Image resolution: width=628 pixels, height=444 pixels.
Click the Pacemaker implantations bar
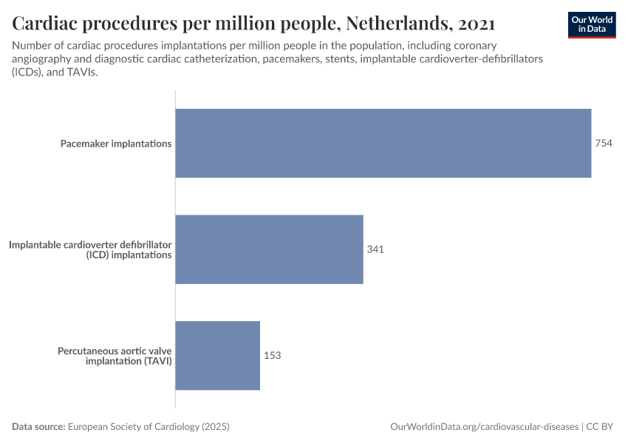(383, 144)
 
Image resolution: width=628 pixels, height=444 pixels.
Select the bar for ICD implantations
(269, 249)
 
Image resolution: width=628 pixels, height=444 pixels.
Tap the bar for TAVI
(217, 355)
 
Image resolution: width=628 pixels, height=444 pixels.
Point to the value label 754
(604, 144)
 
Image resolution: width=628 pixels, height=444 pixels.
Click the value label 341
(375, 249)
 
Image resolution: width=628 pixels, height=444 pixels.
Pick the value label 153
(272, 355)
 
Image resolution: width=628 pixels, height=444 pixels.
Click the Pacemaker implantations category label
(116, 144)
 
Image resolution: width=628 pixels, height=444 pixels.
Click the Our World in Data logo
(591, 24)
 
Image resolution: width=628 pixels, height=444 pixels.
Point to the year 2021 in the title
(477, 23)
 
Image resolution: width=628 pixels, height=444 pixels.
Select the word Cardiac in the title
(47, 23)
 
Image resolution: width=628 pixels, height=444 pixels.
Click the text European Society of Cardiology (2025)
(149, 427)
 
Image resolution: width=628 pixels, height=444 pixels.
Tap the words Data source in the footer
(38, 427)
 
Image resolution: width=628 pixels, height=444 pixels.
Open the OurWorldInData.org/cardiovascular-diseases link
(484, 427)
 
